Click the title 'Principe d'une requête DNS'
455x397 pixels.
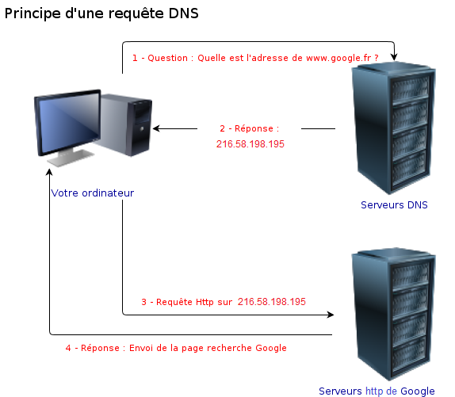click(101, 13)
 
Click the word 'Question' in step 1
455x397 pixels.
click(168, 58)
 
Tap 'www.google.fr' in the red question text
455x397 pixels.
click(338, 59)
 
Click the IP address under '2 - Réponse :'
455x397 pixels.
click(250, 144)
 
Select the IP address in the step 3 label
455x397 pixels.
click(272, 302)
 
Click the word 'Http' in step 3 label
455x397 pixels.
click(205, 302)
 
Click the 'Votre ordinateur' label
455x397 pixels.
click(93, 193)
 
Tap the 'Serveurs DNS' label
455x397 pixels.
click(394, 205)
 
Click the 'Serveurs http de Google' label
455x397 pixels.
click(377, 391)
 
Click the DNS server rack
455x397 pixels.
click(393, 128)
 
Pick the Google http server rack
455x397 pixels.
click(393, 314)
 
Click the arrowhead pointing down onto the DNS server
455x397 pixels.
click(394, 57)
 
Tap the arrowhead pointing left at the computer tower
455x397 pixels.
click(157, 128)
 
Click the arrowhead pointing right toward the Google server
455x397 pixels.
click(331, 315)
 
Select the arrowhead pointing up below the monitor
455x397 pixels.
click(49, 173)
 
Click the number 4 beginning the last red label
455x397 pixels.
click(68, 348)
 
